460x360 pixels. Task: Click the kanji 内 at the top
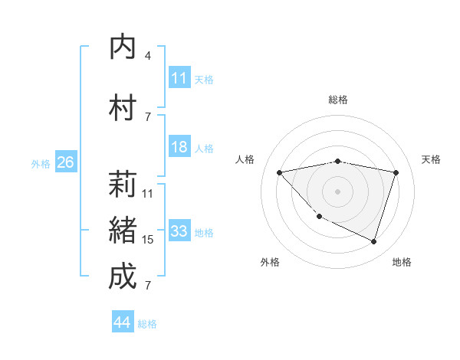[x=123, y=47]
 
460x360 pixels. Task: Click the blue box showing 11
[x=179, y=78]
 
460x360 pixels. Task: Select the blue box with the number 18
[x=179, y=148]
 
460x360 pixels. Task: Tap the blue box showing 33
[x=179, y=232]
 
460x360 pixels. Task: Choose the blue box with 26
[x=65, y=162]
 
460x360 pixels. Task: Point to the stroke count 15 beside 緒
[x=148, y=240]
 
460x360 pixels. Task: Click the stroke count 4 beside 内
[x=147, y=56]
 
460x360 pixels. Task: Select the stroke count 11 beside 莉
[x=148, y=194]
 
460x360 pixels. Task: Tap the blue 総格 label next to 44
[x=147, y=324]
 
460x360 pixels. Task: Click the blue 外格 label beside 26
[x=41, y=163]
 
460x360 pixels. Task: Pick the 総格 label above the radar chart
[x=337, y=100]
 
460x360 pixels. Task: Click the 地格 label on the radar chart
[x=402, y=262]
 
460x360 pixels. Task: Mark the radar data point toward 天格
[x=396, y=172]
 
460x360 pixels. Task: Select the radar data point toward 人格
[x=279, y=172]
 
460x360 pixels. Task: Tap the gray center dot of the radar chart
[x=337, y=191]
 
